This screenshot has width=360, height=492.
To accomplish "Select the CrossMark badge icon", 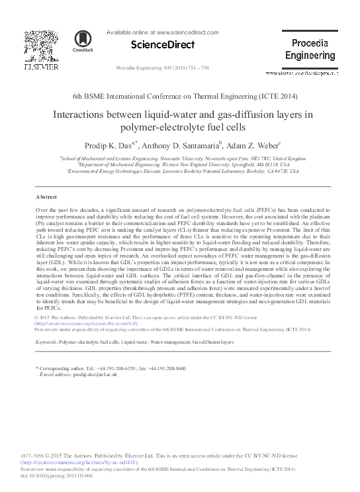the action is tap(83, 41).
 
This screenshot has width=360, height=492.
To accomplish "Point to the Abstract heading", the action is tap(47, 197).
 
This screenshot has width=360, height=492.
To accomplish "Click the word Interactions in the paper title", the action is tap(81, 114).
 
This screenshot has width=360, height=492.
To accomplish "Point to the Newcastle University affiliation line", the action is tap(183, 159).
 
